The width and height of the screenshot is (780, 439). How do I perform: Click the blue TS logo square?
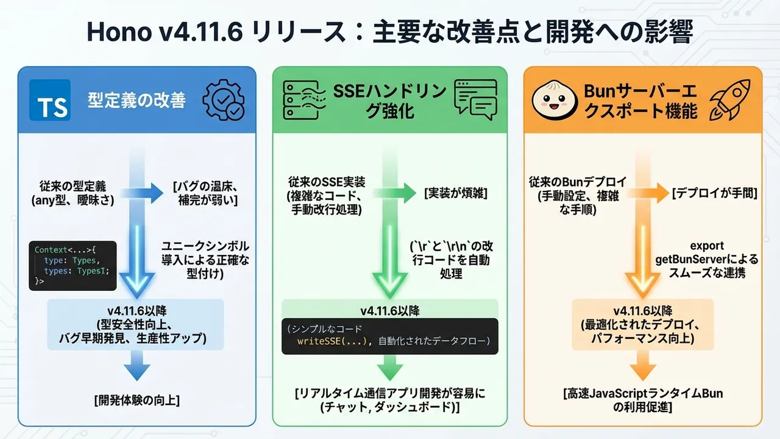click(x=50, y=99)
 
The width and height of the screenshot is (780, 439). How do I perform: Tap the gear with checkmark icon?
click(x=224, y=100)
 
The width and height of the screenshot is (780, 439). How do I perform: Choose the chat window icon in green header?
click(x=475, y=100)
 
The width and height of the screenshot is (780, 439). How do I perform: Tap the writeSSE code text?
click(x=333, y=340)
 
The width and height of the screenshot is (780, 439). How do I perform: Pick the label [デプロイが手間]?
click(x=714, y=193)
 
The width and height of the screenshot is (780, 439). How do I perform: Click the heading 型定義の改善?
click(x=136, y=100)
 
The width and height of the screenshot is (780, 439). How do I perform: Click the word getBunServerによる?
click(x=706, y=260)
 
